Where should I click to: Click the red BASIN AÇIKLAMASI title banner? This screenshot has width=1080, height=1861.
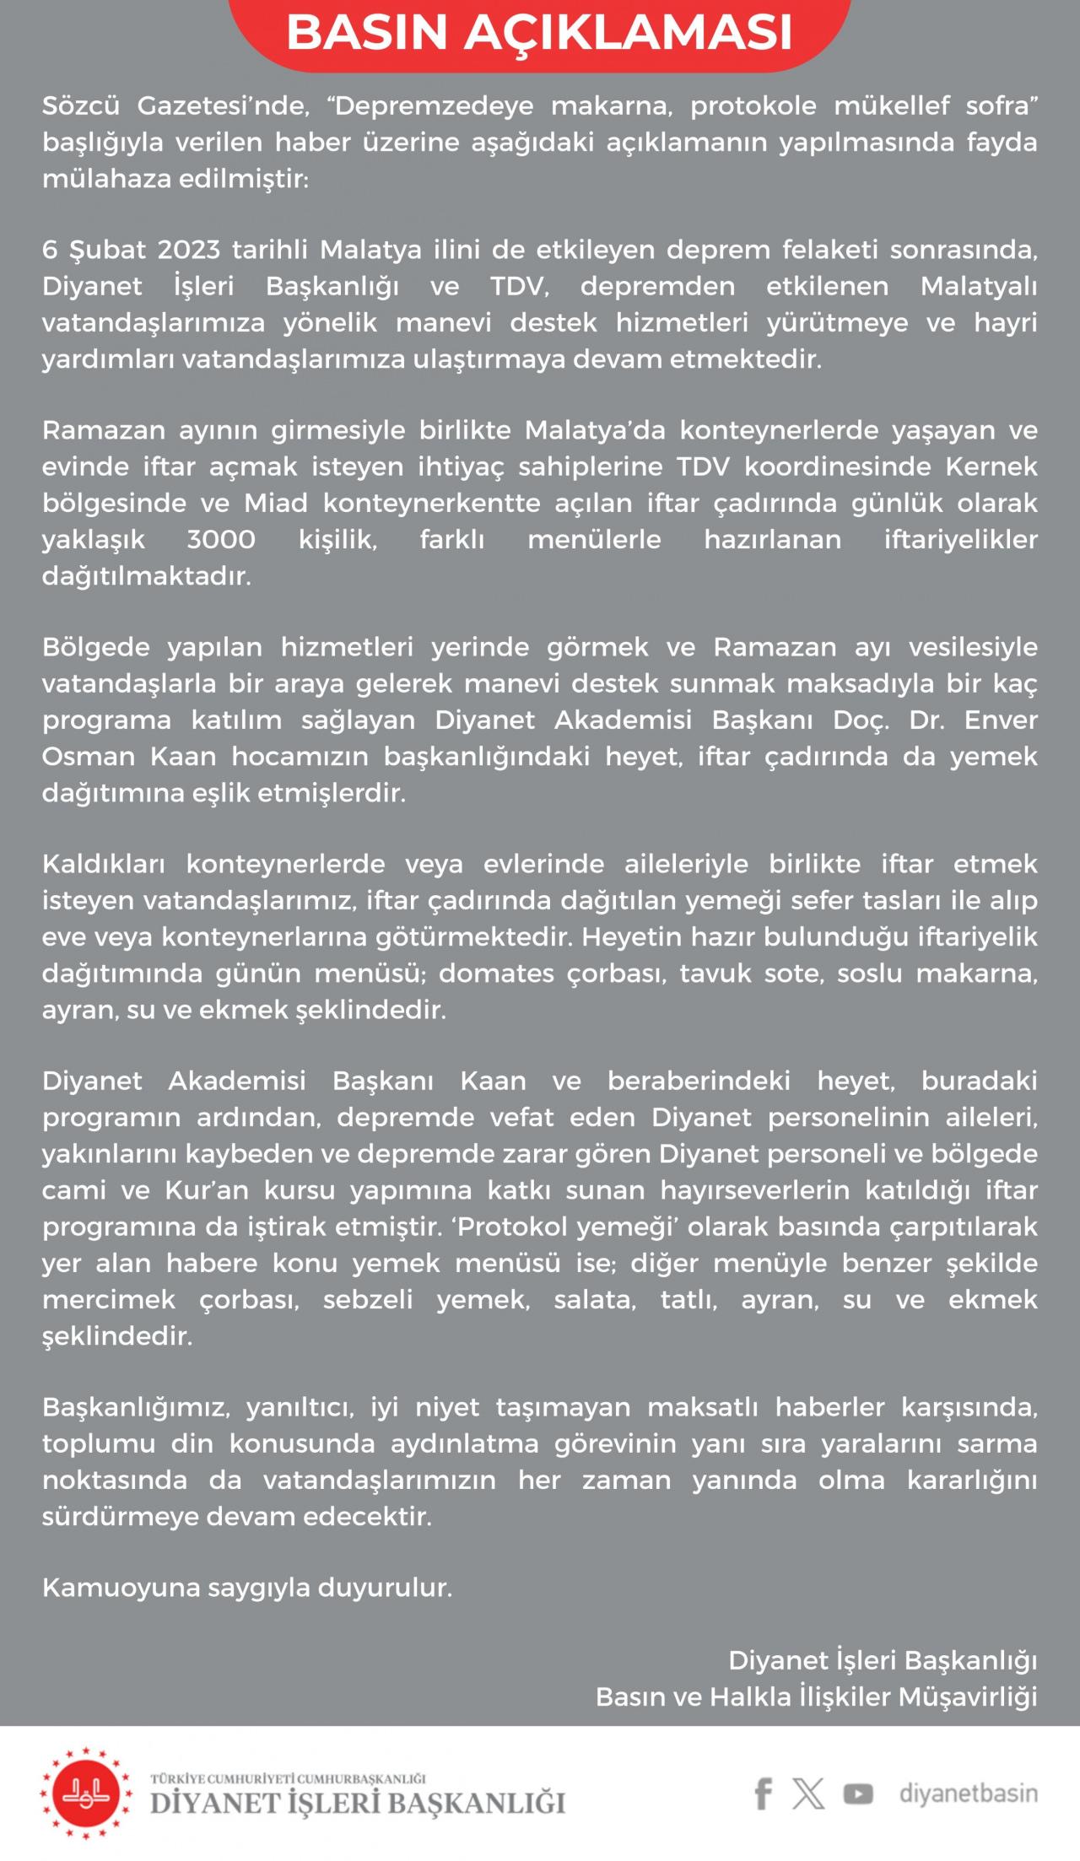tap(540, 32)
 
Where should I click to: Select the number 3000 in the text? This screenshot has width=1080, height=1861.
tap(221, 540)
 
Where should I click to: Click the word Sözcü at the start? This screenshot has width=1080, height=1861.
tap(81, 106)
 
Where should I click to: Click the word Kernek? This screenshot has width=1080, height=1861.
tap(991, 467)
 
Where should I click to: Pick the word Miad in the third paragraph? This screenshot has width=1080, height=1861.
tap(276, 504)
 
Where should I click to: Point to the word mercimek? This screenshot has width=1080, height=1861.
tap(109, 1299)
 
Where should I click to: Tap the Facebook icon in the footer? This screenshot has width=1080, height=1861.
tap(763, 1793)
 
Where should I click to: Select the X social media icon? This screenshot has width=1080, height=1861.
tap(808, 1793)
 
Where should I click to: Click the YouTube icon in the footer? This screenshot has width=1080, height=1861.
tap(858, 1794)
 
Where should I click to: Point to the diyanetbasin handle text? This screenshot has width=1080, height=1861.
tap(969, 1793)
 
